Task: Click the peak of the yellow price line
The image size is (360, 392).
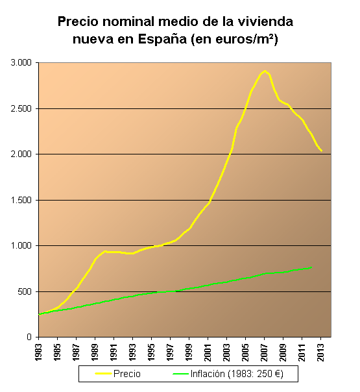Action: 265,71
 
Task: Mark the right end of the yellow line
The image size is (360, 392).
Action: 322,152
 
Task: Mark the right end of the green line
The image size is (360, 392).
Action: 312,267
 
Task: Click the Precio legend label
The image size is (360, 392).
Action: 126,374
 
